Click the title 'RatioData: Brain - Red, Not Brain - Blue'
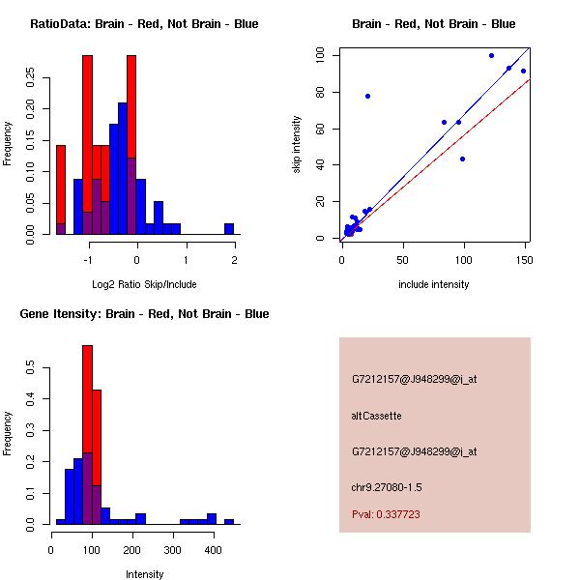click(144, 24)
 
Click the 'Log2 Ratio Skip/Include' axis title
click(143, 283)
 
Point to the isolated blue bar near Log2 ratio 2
click(229, 229)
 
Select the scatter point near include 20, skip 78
click(367, 96)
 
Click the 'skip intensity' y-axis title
click(298, 144)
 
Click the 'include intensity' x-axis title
click(433, 284)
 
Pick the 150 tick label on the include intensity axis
click(524, 259)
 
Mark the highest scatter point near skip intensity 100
click(491, 56)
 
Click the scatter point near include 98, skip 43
click(462, 159)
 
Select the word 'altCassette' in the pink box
click(376, 416)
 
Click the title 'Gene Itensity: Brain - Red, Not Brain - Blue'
click(144, 314)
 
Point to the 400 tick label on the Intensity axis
click(213, 549)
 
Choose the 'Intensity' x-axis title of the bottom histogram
click(144, 574)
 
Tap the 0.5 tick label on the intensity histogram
click(31, 368)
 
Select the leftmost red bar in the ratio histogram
click(61, 189)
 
